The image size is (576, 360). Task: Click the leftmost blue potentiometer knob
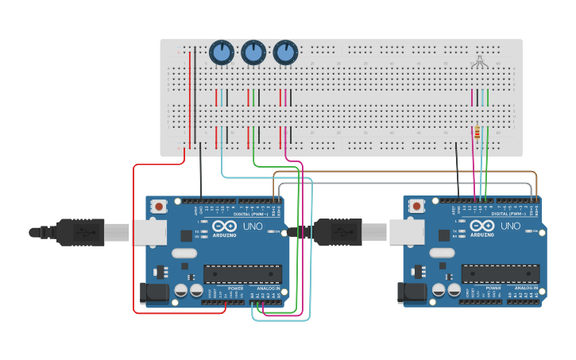(222, 52)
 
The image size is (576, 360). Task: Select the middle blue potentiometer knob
(253, 52)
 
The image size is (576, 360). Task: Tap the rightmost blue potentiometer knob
(285, 52)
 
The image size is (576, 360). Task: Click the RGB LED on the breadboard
(479, 63)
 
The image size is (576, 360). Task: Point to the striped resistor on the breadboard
(476, 133)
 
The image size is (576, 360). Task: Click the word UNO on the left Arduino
(253, 226)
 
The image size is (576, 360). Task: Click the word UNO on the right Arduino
(510, 226)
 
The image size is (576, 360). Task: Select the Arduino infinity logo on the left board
(224, 226)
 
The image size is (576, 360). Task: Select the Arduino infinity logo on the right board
(482, 226)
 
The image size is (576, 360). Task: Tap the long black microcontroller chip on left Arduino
(242, 274)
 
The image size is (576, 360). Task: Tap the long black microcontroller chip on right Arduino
(501, 274)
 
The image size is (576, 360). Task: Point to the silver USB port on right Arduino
(406, 232)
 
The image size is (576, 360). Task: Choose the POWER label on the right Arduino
(493, 288)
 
